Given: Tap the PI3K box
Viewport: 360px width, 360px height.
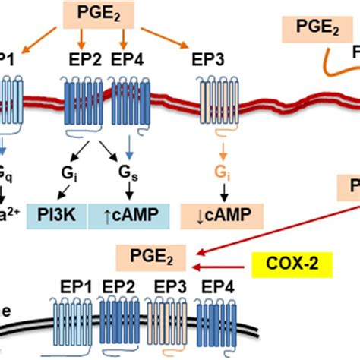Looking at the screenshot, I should [58, 216].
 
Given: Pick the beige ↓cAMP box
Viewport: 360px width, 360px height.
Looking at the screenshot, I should [207, 216].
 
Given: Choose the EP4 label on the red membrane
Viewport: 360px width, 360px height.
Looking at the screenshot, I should [127, 59].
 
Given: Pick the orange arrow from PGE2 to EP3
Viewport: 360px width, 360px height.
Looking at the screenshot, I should [166, 38].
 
